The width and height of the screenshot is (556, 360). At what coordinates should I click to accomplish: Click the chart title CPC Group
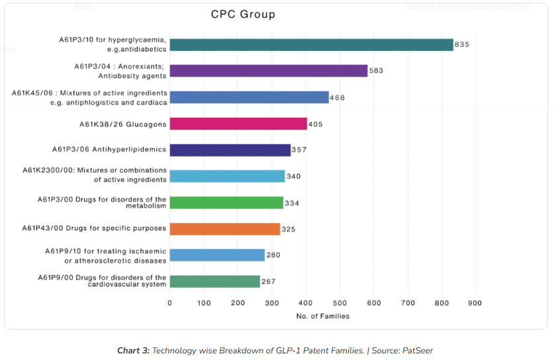[243, 14]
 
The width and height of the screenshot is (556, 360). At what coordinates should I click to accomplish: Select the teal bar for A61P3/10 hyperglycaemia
[311, 44]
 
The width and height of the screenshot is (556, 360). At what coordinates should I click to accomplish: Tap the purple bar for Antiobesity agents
[268, 71]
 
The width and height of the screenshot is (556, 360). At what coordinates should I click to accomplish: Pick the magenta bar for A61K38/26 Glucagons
[238, 124]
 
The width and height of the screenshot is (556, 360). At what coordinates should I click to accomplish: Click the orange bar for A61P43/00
[225, 229]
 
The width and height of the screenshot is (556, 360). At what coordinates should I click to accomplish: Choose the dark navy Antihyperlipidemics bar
[230, 150]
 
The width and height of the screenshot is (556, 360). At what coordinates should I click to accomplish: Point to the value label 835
[461, 44]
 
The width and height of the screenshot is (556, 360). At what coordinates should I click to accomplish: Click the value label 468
[337, 98]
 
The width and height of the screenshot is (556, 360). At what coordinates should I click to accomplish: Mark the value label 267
[268, 282]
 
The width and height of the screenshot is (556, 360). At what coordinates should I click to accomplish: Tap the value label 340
[293, 177]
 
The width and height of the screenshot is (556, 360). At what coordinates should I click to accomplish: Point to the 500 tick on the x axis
[340, 303]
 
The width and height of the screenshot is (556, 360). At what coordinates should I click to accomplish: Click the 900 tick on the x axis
[475, 303]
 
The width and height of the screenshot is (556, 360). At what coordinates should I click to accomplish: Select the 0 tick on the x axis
[170, 303]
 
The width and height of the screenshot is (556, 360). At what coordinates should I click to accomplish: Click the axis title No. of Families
[322, 316]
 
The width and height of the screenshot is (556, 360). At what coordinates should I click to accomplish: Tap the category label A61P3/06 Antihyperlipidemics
[109, 150]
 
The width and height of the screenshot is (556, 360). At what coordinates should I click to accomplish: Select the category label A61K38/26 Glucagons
[122, 124]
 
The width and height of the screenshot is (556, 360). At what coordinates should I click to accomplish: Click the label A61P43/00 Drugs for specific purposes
[94, 228]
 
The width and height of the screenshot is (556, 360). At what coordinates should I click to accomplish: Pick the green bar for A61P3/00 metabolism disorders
[226, 202]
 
